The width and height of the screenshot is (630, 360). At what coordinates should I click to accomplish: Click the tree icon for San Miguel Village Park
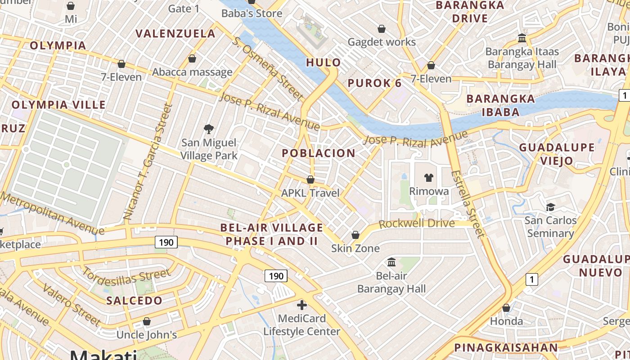208,130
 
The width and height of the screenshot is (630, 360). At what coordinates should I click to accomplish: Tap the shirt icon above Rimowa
428,178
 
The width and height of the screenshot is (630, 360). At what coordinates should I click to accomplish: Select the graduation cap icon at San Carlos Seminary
550,207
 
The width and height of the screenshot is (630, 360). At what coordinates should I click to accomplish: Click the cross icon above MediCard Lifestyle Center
302,306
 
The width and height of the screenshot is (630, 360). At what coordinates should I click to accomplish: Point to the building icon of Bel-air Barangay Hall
391,262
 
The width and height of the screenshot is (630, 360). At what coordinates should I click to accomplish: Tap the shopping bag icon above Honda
506,308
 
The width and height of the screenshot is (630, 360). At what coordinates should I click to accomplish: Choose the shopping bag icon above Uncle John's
146,321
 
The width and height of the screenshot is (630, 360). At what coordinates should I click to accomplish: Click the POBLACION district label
319,153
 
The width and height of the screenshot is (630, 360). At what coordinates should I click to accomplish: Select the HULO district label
323,63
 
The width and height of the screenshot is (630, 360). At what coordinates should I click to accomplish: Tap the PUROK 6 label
375,83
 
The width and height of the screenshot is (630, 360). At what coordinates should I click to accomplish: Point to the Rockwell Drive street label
416,224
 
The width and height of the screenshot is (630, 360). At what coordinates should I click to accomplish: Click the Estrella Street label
468,203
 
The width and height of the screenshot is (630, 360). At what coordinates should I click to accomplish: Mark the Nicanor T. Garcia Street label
148,162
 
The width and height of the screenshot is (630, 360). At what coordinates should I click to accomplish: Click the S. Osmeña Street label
268,68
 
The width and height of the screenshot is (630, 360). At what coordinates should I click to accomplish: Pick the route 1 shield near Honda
532,279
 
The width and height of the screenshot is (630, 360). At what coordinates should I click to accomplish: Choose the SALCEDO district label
134,301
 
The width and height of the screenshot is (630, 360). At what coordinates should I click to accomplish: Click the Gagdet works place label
382,42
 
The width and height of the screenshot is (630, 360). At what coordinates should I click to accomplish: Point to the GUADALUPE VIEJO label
557,154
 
